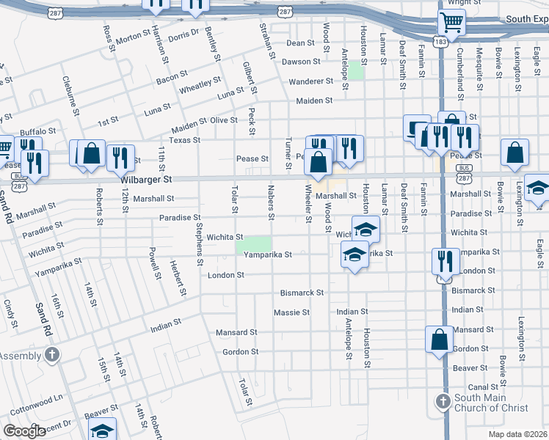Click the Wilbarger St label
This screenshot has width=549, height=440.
coord(146,178)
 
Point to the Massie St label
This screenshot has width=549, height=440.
coord(291,312)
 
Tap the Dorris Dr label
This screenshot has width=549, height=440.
coord(183,34)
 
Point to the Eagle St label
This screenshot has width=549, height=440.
coord(539,234)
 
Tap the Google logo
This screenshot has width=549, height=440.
coord(24,430)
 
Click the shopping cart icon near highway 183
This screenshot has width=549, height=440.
coord(450,22)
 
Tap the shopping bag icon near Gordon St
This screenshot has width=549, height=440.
coord(440,340)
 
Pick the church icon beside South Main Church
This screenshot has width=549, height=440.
coord(443,401)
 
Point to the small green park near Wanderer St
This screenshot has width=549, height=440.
coord(356,70)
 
